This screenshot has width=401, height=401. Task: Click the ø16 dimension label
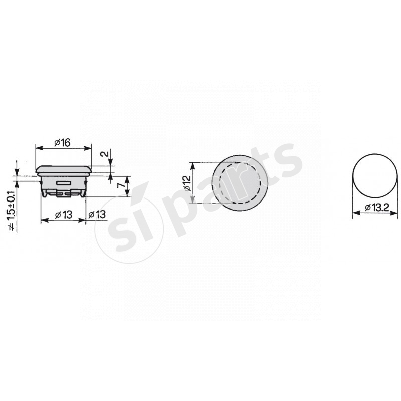62,143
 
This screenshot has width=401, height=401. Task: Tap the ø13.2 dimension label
377,208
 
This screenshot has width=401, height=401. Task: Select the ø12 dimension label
187,183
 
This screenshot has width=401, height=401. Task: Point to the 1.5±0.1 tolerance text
12,206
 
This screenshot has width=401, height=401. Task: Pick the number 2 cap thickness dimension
105,154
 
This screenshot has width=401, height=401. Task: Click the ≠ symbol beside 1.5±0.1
12,227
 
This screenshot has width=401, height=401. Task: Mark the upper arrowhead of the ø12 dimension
193,166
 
